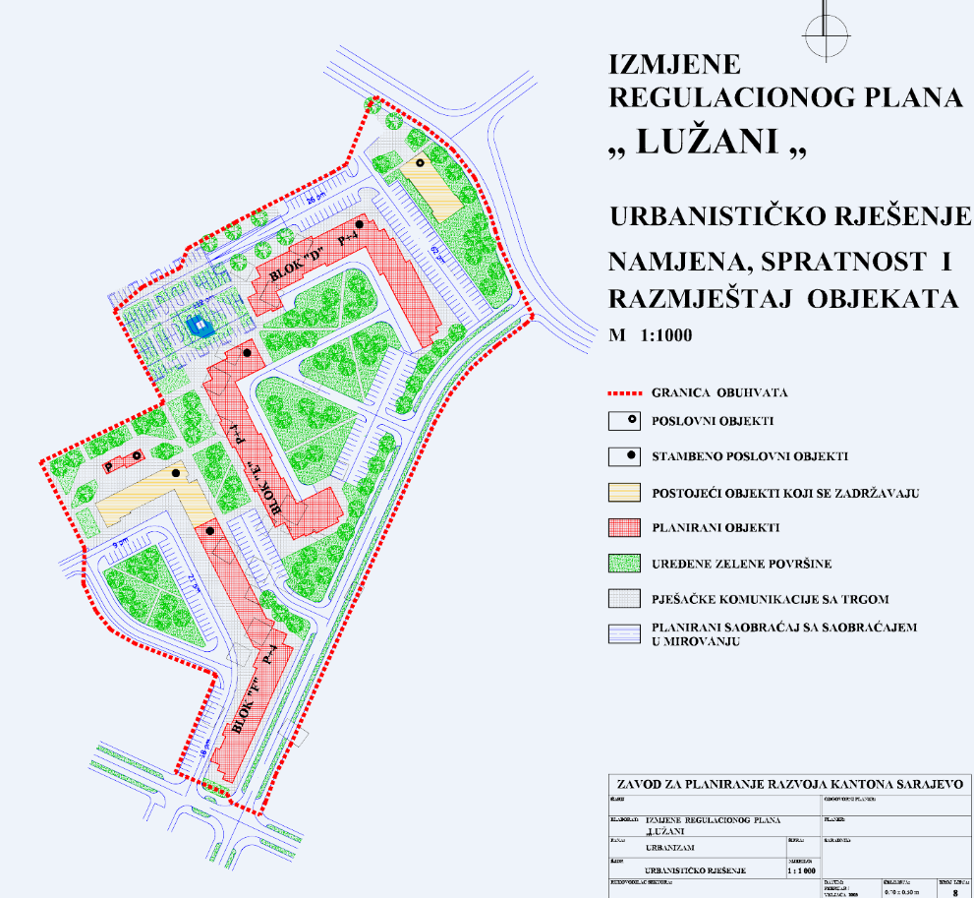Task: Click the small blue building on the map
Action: [201, 327]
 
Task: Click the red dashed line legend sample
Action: [625, 392]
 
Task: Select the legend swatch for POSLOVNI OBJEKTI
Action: [625, 423]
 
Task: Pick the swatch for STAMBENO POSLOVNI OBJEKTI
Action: [625, 456]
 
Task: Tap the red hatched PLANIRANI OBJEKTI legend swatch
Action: [625, 527]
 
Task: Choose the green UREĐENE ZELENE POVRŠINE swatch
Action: [625, 563]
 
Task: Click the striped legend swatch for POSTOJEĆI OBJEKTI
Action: [625, 492]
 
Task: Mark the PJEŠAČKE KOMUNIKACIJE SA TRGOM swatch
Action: [625, 598]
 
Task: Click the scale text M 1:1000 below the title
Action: [651, 334]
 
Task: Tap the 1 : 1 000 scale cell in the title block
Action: [804, 870]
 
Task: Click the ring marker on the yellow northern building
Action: [420, 163]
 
